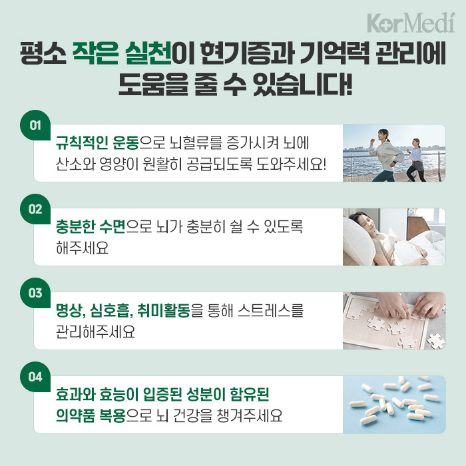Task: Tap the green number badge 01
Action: [36, 125]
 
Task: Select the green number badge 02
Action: [36, 209]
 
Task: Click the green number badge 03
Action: [36, 293]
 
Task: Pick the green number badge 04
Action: [36, 377]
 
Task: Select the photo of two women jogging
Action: [393, 153]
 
